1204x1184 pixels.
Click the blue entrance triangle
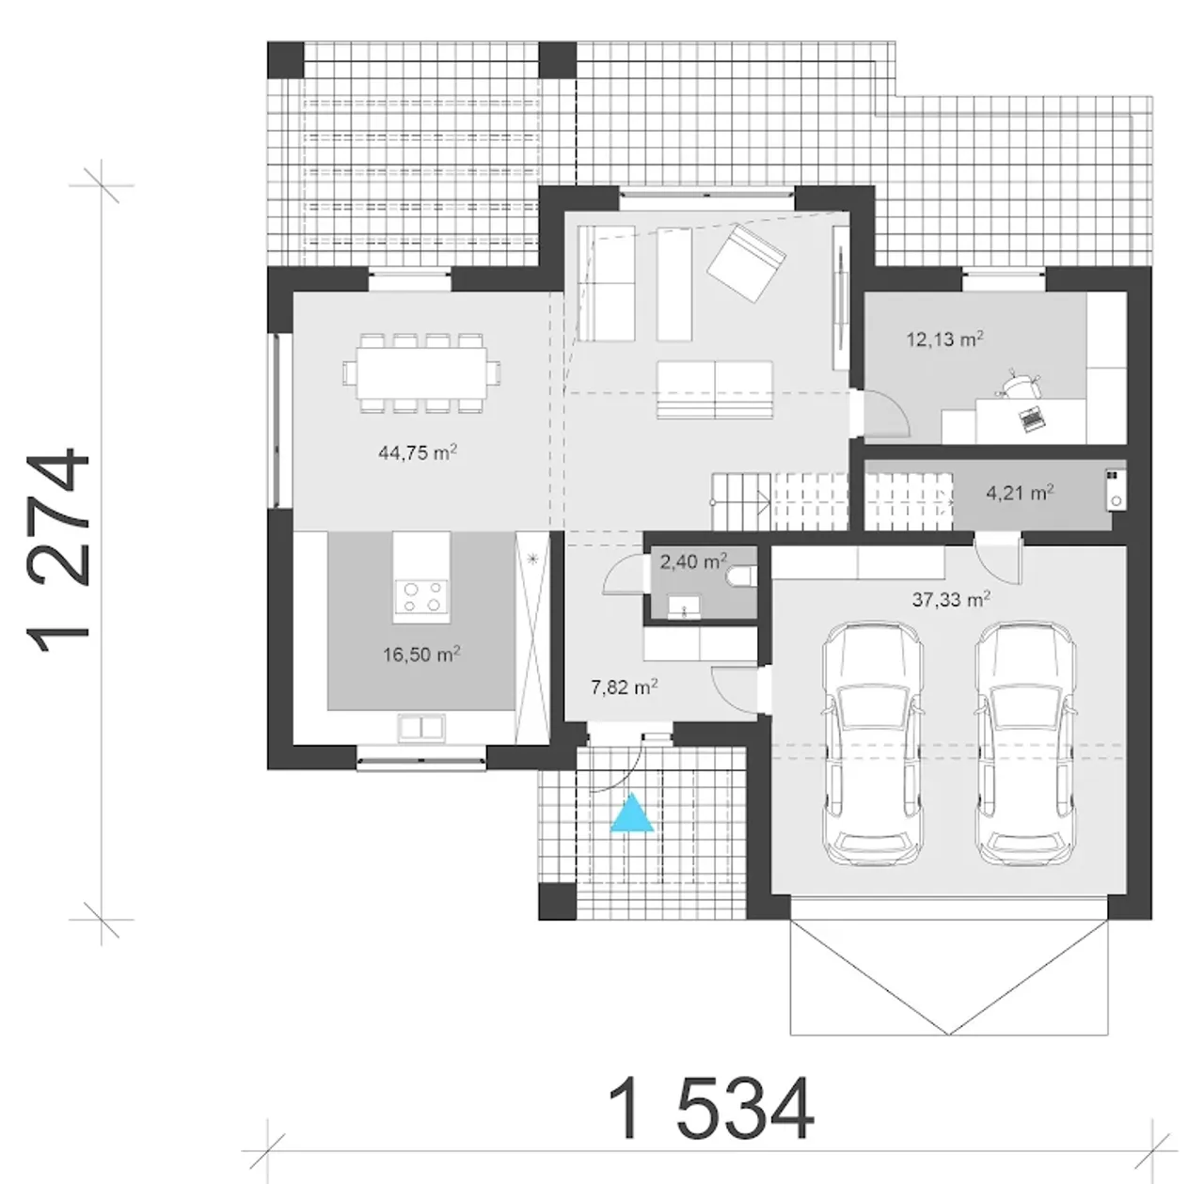click(632, 815)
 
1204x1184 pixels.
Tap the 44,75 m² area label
click(418, 451)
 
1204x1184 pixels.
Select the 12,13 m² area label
click(945, 339)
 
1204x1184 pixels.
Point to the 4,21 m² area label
click(1021, 493)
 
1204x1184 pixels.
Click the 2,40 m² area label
click(693, 561)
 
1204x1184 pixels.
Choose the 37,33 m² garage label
click(951, 600)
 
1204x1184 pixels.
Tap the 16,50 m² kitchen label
click(421, 655)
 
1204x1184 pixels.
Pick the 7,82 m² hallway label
click(625, 687)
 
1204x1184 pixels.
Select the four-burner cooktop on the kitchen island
click(420, 596)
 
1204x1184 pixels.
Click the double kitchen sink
click(421, 727)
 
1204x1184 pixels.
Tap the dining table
click(422, 373)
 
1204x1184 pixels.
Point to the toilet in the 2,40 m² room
click(741, 576)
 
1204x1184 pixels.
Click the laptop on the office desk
click(1032, 418)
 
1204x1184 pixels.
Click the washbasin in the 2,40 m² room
click(684, 607)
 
